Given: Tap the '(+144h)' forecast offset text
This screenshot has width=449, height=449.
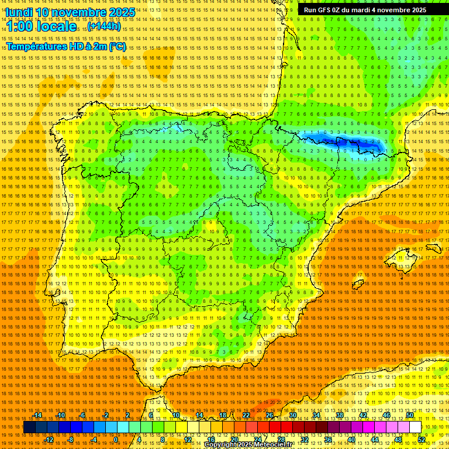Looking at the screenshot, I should [x=104, y=26].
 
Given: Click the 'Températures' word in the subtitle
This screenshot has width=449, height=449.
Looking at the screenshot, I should [x=38, y=46].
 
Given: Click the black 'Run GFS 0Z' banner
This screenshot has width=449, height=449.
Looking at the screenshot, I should [x=365, y=10].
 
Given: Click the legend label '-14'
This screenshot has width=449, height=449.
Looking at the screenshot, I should [x=38, y=415].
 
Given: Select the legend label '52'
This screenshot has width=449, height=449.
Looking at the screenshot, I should [x=422, y=440].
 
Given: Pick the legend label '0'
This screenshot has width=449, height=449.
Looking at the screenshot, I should [x=116, y=440].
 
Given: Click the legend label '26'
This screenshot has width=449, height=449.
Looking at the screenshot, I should [x=270, y=415].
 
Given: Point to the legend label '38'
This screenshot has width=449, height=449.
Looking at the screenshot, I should [x=340, y=415].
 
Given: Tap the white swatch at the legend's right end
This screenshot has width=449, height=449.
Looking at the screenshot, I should [x=415, y=427].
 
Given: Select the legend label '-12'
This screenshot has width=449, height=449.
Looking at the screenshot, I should [x=49, y=440].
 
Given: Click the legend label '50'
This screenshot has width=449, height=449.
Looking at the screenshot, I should [x=410, y=415].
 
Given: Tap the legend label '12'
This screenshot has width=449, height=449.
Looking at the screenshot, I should [x=188, y=440].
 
